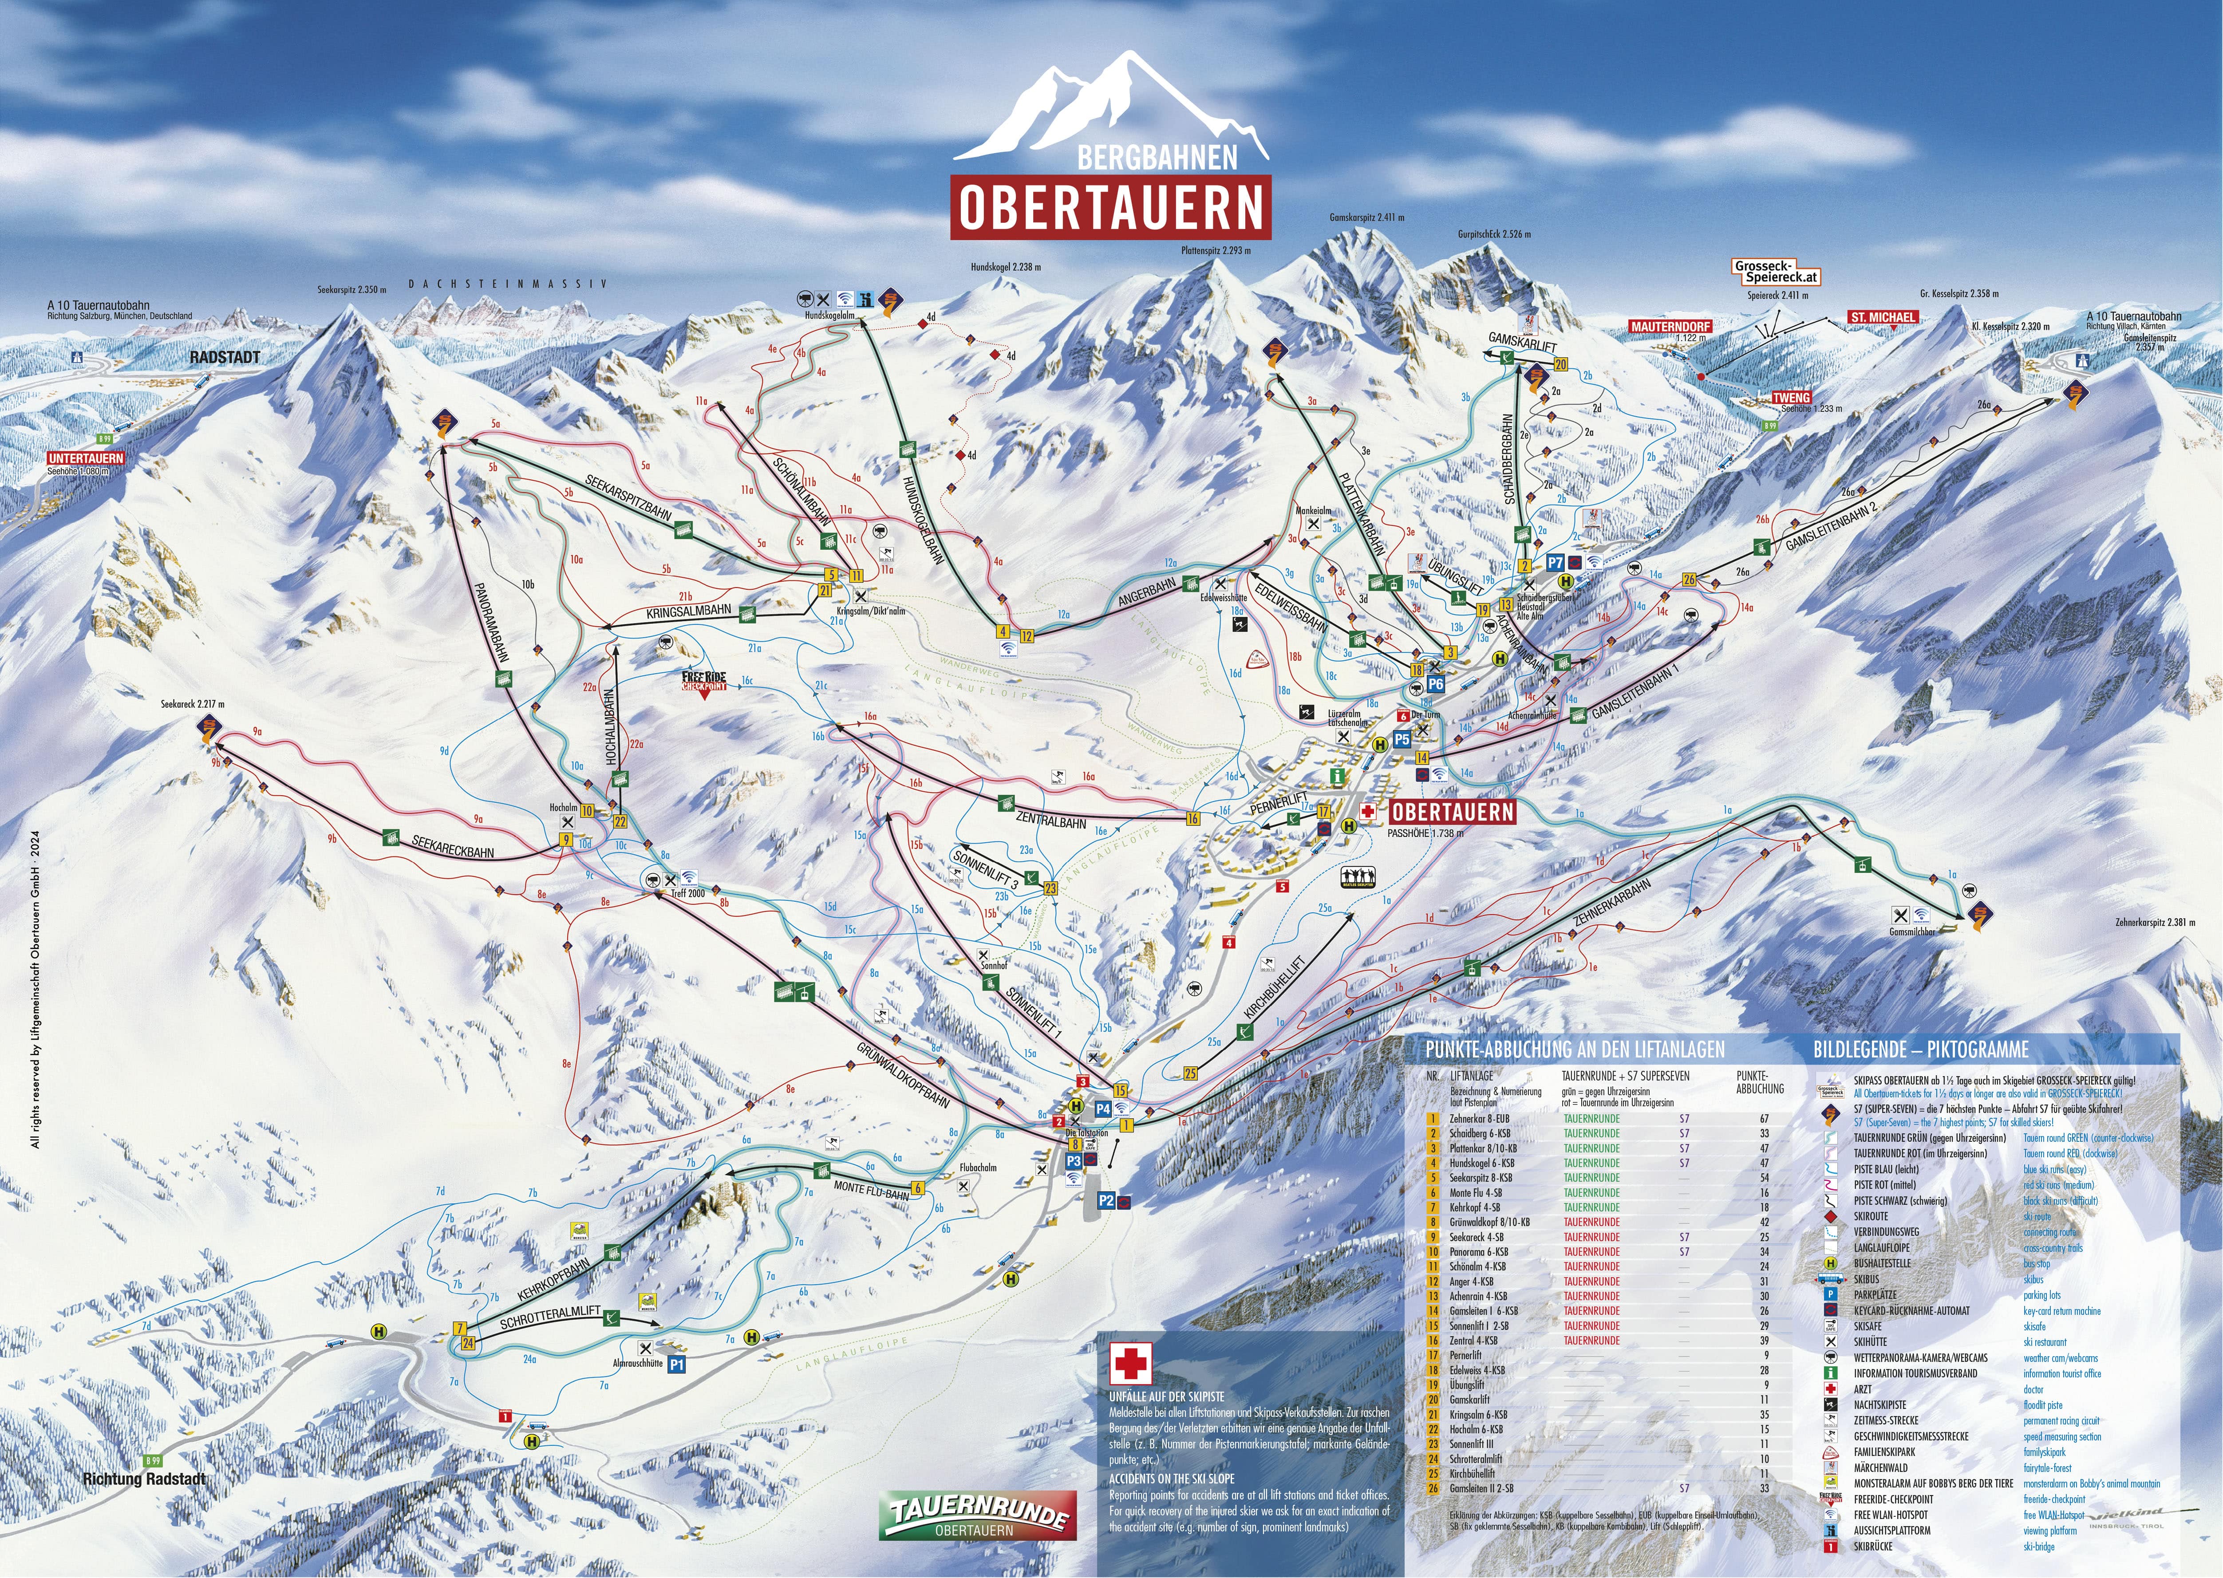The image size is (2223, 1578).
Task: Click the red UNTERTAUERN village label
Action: click(x=87, y=458)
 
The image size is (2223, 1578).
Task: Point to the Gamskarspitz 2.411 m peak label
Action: click(x=1366, y=217)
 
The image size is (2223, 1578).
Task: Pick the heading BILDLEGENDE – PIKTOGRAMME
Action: click(x=1921, y=1049)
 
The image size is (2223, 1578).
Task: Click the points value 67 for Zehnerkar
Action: click(x=1763, y=1118)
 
